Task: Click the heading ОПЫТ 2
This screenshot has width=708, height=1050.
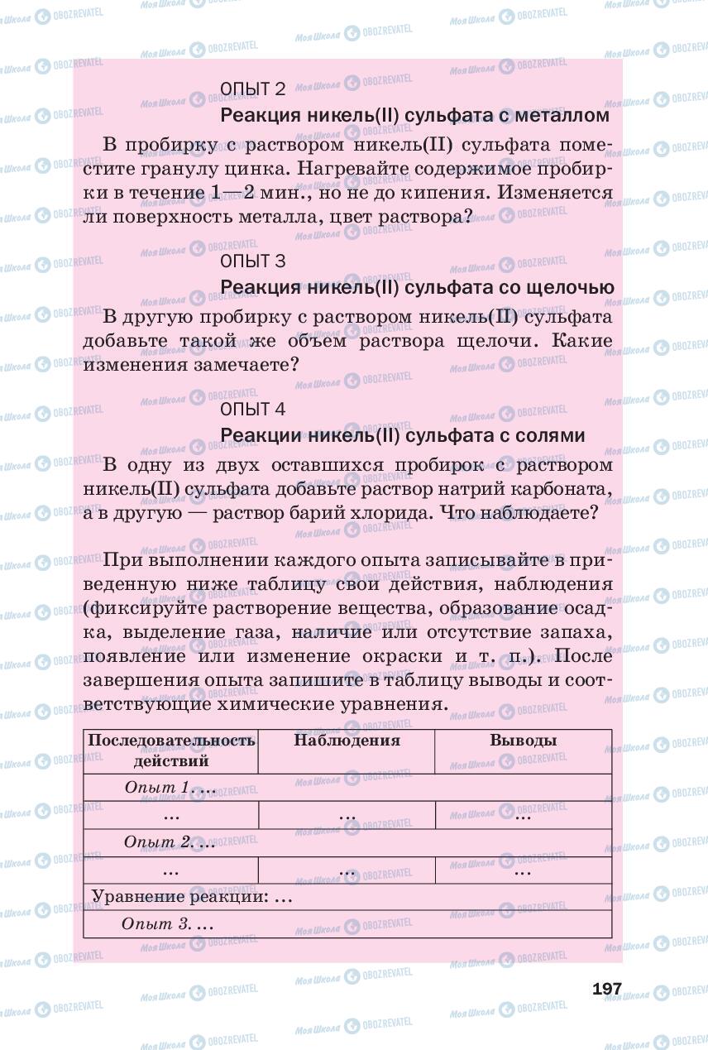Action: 253,89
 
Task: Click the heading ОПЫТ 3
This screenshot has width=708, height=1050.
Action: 253,261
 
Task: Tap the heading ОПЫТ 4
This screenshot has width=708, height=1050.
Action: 253,409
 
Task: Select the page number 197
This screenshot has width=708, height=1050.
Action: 606,989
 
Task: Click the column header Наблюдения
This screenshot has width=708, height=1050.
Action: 347,741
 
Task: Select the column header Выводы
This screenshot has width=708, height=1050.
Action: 523,741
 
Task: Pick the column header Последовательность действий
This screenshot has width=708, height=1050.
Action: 171,750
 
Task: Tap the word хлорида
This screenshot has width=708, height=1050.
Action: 392,512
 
